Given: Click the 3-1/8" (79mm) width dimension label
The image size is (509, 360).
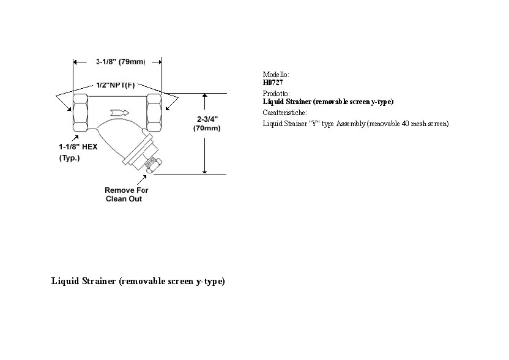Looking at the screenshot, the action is tap(121, 62).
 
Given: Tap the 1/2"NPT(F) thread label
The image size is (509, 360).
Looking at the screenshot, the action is tap(115, 85).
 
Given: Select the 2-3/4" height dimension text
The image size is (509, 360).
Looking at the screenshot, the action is tap(207, 119).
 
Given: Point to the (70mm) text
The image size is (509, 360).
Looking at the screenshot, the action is tap(207, 129).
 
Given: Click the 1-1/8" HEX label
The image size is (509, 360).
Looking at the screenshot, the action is tap(78, 147).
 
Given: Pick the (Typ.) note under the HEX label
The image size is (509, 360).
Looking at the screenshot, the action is tap(69, 158).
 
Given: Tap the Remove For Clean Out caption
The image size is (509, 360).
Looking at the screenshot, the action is tap(126, 194).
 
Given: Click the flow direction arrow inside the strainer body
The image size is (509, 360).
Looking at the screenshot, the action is tap(119, 113).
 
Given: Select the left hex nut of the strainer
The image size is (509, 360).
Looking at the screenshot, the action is tap(80, 113).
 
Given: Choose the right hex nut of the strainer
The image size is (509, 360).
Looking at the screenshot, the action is tap(154, 113).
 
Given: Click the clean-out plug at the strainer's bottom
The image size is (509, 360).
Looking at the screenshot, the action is tap(151, 166).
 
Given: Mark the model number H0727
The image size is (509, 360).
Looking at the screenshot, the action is tap(273, 83).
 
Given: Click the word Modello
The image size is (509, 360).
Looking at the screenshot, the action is tap(275, 75).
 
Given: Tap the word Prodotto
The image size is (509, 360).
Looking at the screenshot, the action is tap(277, 94).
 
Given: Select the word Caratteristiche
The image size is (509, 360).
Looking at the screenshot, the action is tap(284, 113).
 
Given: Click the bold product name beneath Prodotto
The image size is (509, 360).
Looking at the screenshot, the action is tap(328, 102).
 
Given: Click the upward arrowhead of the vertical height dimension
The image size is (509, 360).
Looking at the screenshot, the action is tap(204, 97).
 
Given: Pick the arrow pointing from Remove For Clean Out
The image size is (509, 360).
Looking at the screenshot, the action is tap(141, 179).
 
